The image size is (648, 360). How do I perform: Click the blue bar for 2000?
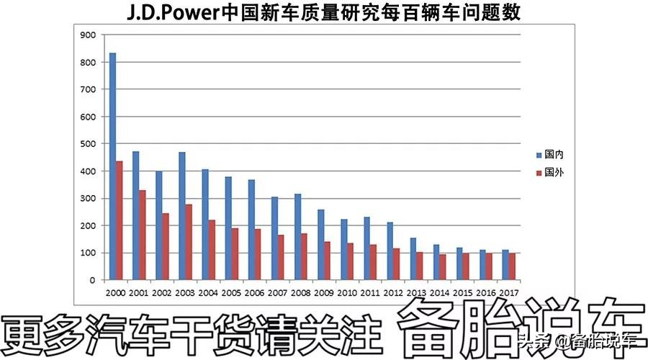pyautogui.click(x=112, y=166)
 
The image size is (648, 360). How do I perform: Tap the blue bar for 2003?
pyautogui.click(x=182, y=216)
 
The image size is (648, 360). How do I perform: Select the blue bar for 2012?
pyautogui.click(x=390, y=251)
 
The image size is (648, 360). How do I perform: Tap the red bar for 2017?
pyautogui.click(x=512, y=266)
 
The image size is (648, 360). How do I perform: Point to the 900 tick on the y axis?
pyautogui.click(x=89, y=35)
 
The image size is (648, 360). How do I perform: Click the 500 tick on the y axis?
pyautogui.click(x=89, y=144)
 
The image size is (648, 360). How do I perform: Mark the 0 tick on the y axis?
pyautogui.click(x=92, y=280)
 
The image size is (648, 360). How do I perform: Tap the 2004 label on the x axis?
pyautogui.click(x=207, y=293)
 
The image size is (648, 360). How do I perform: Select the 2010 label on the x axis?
pyautogui.click(x=346, y=293)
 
